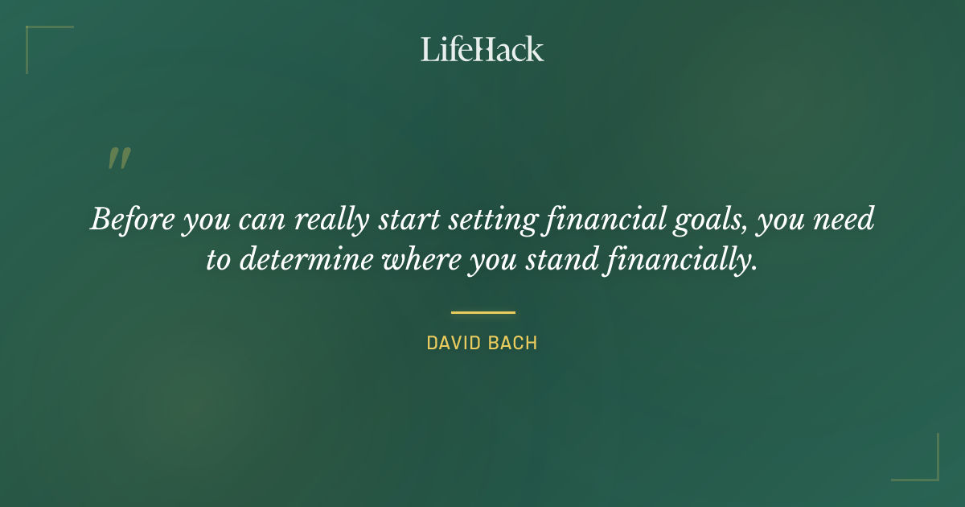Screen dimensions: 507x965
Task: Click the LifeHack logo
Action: point(482,49)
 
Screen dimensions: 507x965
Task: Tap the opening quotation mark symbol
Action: point(119,159)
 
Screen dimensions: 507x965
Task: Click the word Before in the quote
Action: point(132,219)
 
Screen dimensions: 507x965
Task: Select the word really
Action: point(309,220)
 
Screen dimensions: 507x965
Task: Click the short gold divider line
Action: point(482,312)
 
